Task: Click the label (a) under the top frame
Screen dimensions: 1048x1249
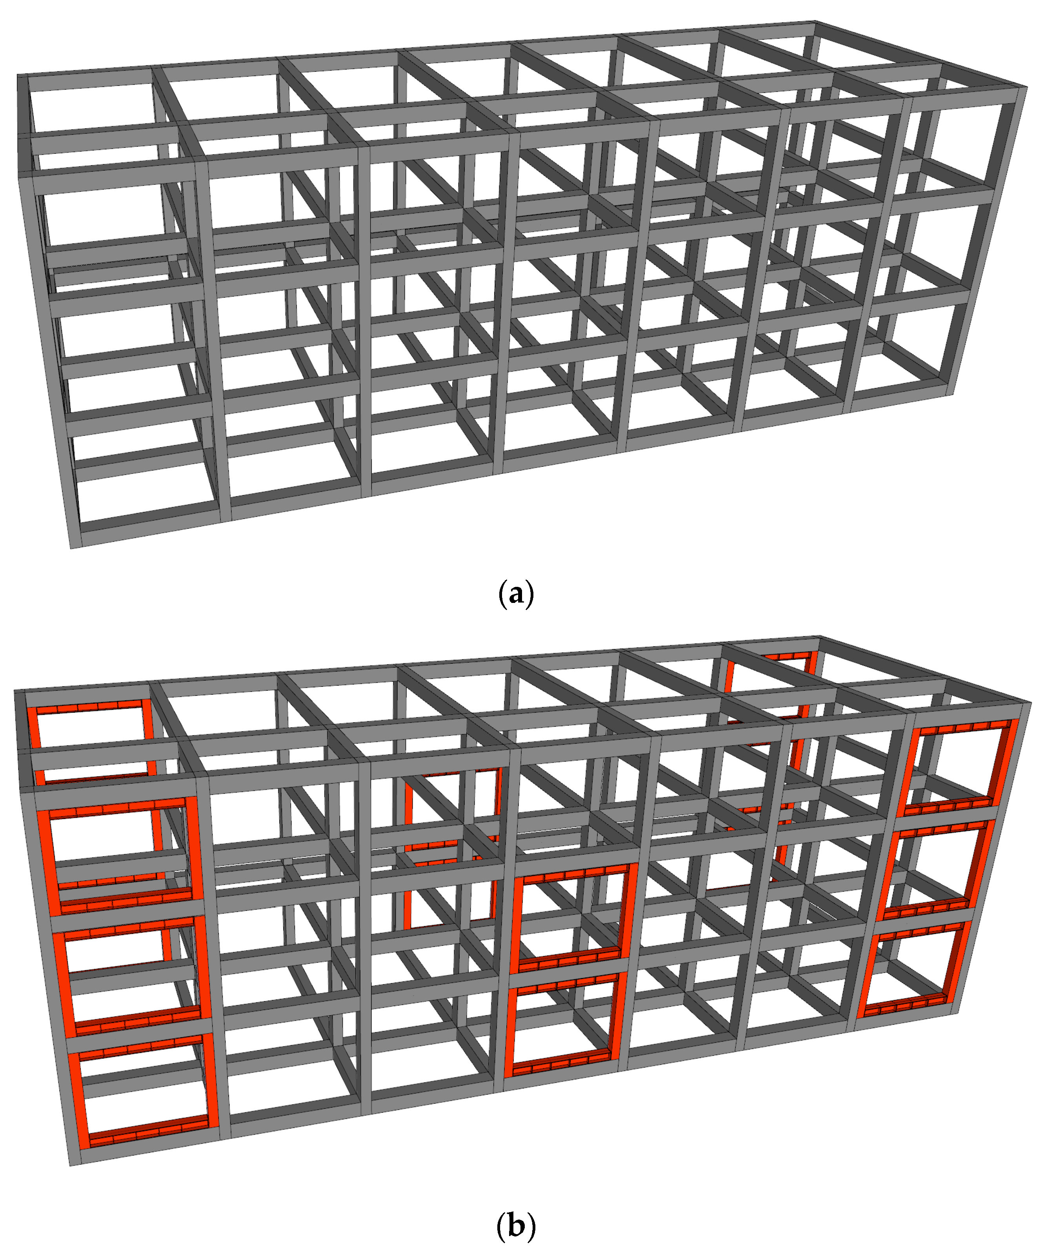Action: point(516,594)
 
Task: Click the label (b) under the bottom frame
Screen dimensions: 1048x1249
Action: point(516,1225)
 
